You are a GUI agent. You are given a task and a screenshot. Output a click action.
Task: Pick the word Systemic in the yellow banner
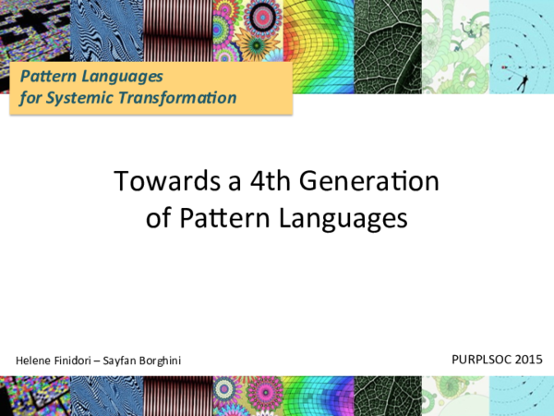tap(81, 96)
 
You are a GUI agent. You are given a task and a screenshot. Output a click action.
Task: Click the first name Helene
tap(36, 359)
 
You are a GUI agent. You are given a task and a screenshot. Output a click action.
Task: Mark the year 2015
tap(530, 357)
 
